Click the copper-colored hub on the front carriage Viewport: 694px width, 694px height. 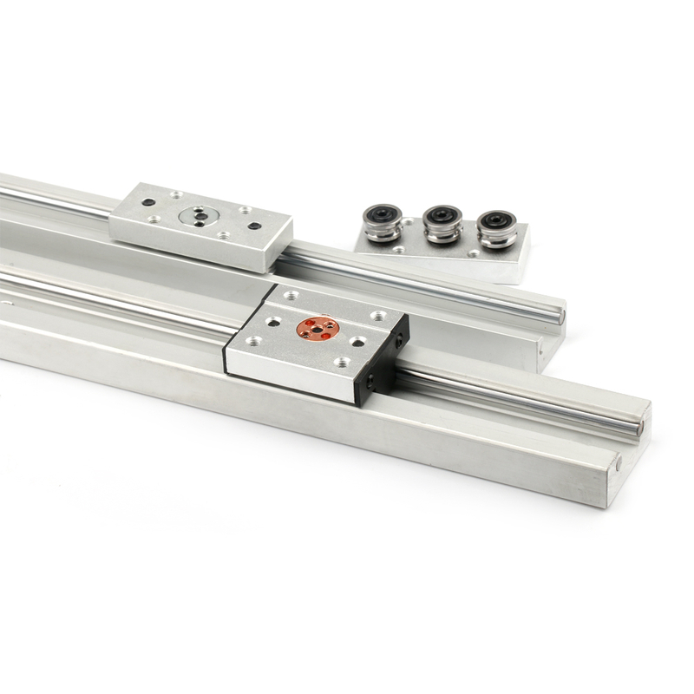[x=313, y=328]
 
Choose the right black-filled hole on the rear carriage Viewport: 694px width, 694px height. [x=254, y=226]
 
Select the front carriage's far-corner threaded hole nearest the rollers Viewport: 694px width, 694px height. [x=377, y=316]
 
